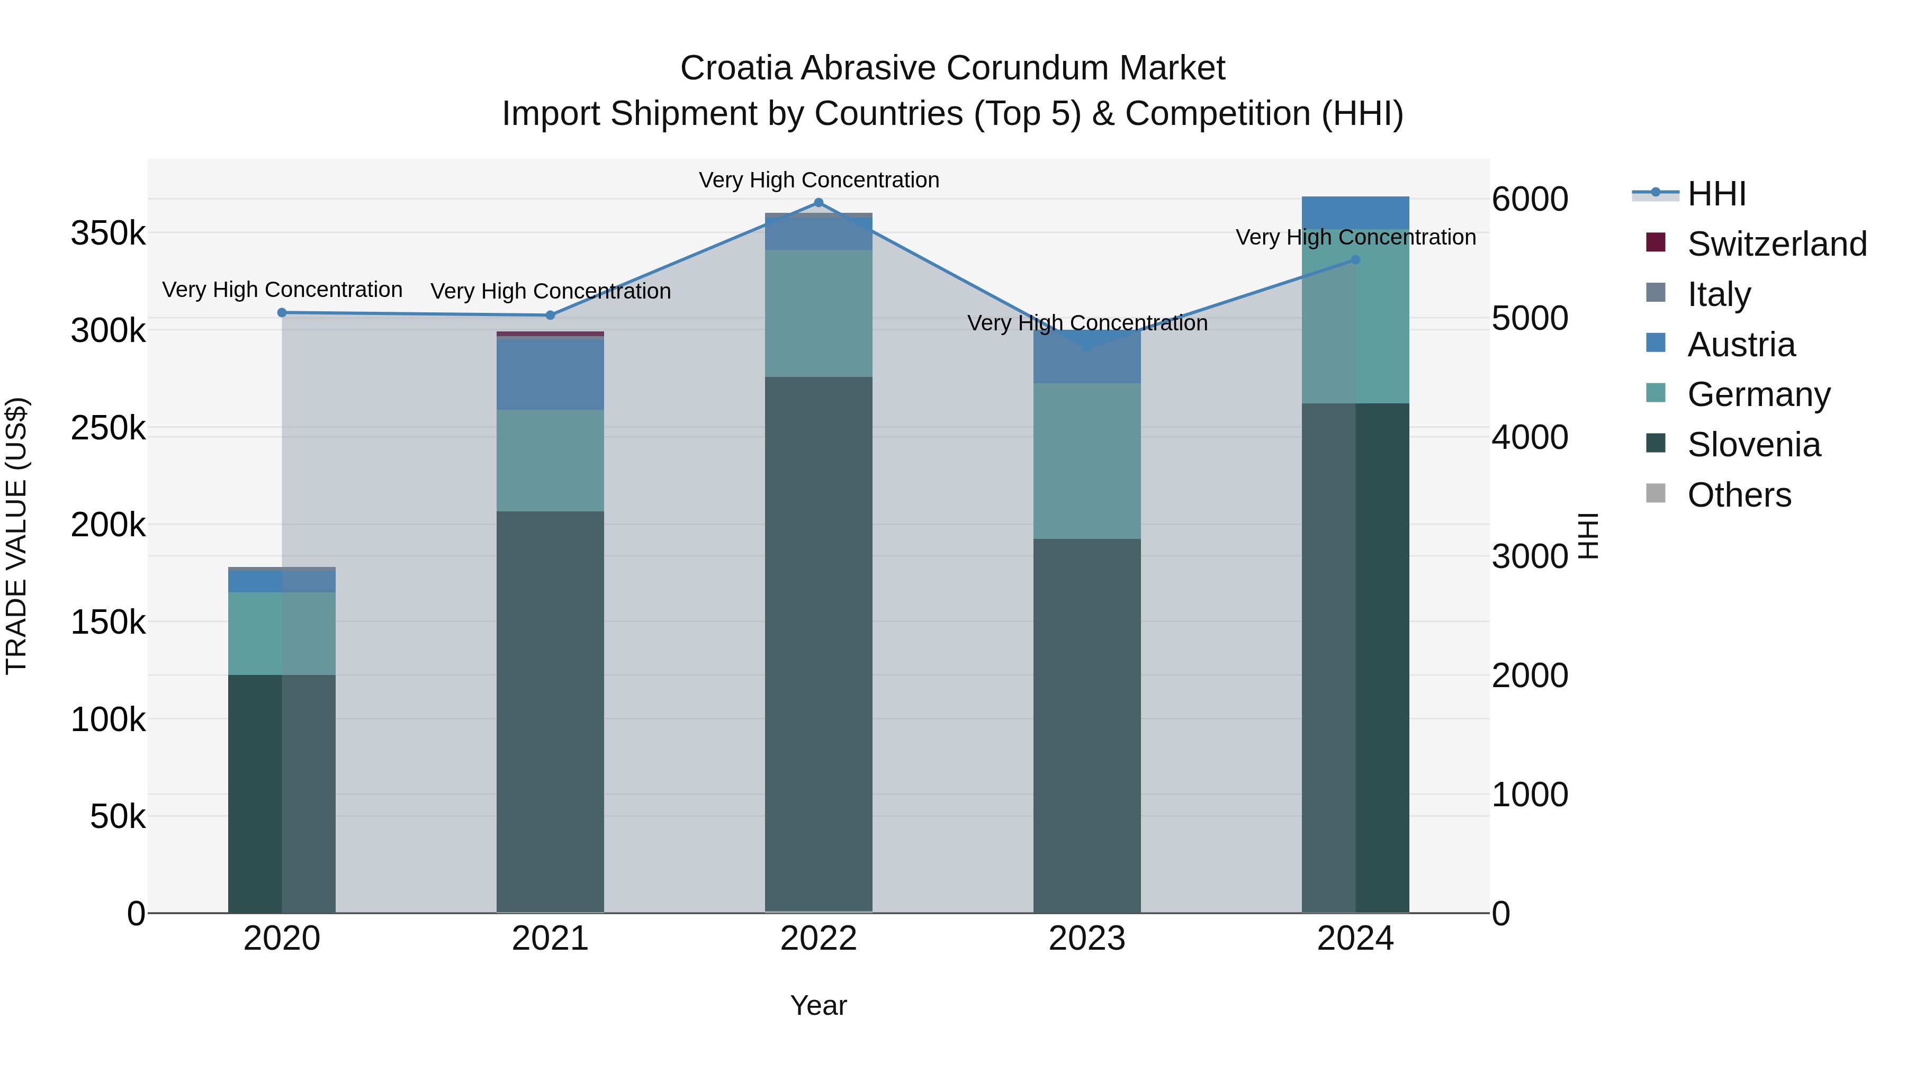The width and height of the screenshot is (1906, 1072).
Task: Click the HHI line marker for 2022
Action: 819,203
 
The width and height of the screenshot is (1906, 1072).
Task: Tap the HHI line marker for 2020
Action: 282,313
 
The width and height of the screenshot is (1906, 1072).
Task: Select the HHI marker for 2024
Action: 1355,260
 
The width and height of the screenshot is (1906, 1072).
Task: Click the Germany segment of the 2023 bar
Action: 1087,461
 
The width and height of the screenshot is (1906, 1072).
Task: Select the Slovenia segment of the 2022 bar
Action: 819,644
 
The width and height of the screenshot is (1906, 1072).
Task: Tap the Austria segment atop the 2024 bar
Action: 1355,212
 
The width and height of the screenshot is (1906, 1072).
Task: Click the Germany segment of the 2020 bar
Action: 282,633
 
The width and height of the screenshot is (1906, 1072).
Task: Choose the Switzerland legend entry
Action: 1776,244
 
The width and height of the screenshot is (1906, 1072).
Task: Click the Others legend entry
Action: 1739,495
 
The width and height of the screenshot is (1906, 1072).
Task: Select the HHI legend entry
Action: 1716,194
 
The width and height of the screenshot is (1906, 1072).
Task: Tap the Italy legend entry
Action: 1718,294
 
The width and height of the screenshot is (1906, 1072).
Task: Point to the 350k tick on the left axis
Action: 108,234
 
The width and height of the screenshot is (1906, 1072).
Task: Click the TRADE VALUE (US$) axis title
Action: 16,536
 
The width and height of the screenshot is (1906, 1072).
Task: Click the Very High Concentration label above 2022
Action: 819,180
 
